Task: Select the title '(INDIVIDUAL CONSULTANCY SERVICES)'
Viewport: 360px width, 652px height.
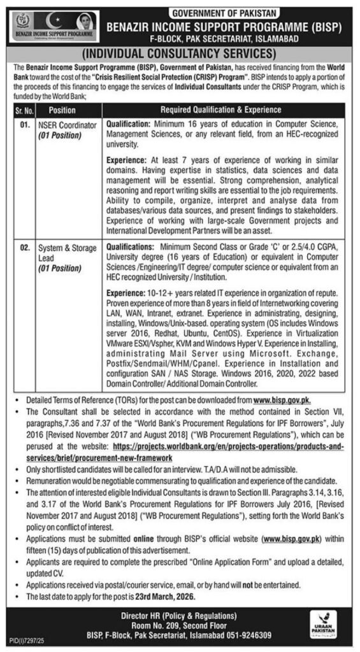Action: [x=180, y=53]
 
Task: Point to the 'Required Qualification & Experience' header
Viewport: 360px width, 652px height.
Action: [x=220, y=110]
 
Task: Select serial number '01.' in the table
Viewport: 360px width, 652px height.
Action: [x=24, y=126]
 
